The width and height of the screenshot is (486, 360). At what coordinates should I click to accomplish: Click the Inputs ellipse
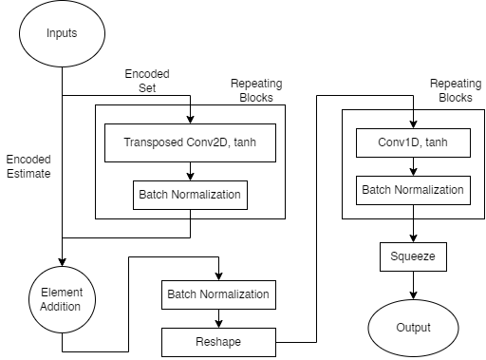click(62, 34)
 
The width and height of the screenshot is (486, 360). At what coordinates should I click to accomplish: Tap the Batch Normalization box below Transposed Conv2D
click(191, 196)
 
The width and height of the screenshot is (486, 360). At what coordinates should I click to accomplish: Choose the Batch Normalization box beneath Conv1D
click(413, 190)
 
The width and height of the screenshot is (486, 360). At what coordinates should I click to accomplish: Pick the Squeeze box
click(413, 256)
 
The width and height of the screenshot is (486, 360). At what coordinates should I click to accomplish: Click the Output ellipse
click(413, 327)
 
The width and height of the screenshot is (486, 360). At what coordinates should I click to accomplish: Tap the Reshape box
click(219, 339)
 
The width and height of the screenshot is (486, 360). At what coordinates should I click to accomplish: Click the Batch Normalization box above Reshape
click(219, 294)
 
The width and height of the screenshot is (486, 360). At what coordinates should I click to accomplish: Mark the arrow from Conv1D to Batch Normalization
click(413, 166)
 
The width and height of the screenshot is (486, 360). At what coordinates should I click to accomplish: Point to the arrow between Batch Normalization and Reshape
click(219, 316)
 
